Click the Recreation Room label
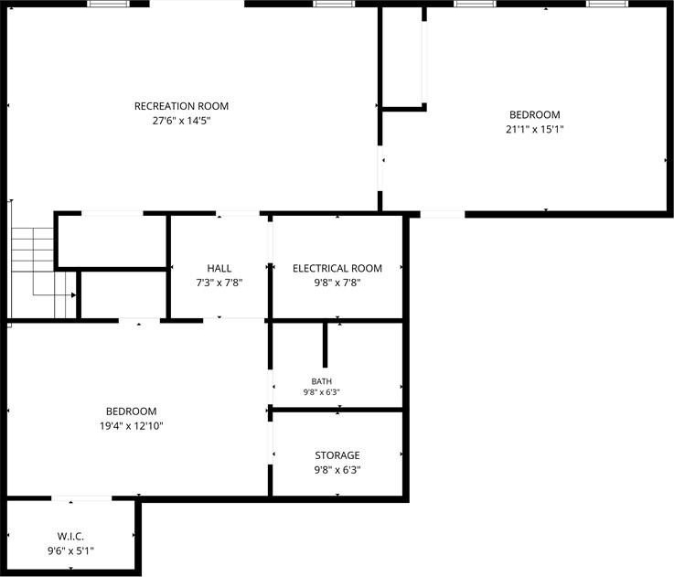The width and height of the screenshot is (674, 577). click(x=181, y=106)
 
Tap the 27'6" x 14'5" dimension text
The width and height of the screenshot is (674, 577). click(x=181, y=121)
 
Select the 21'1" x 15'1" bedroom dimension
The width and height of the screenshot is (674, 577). click(x=534, y=130)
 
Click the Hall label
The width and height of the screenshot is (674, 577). click(x=219, y=268)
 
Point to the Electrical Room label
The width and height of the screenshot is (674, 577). click(x=337, y=268)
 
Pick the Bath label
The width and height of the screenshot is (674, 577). click(x=322, y=381)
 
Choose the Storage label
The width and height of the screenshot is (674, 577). click(x=337, y=455)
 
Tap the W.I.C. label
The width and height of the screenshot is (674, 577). click(x=70, y=536)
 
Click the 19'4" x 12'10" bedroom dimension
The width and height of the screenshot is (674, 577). click(x=132, y=426)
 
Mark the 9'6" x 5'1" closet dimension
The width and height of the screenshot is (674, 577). click(x=70, y=550)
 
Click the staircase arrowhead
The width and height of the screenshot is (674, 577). click(x=73, y=295)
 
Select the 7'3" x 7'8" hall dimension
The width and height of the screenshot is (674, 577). click(x=219, y=283)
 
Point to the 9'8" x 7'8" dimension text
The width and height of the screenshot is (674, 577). click(x=337, y=283)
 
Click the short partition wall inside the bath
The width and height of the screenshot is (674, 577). click(x=325, y=345)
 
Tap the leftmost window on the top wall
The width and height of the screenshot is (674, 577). click(x=109, y=4)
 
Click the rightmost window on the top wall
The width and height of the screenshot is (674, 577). click(x=607, y=4)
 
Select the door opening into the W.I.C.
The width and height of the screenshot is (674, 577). click(x=81, y=498)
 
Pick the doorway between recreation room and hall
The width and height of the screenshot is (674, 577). click(x=238, y=214)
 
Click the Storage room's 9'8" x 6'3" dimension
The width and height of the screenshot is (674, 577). click(x=337, y=470)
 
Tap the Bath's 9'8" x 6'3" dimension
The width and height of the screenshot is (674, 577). click(x=322, y=392)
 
